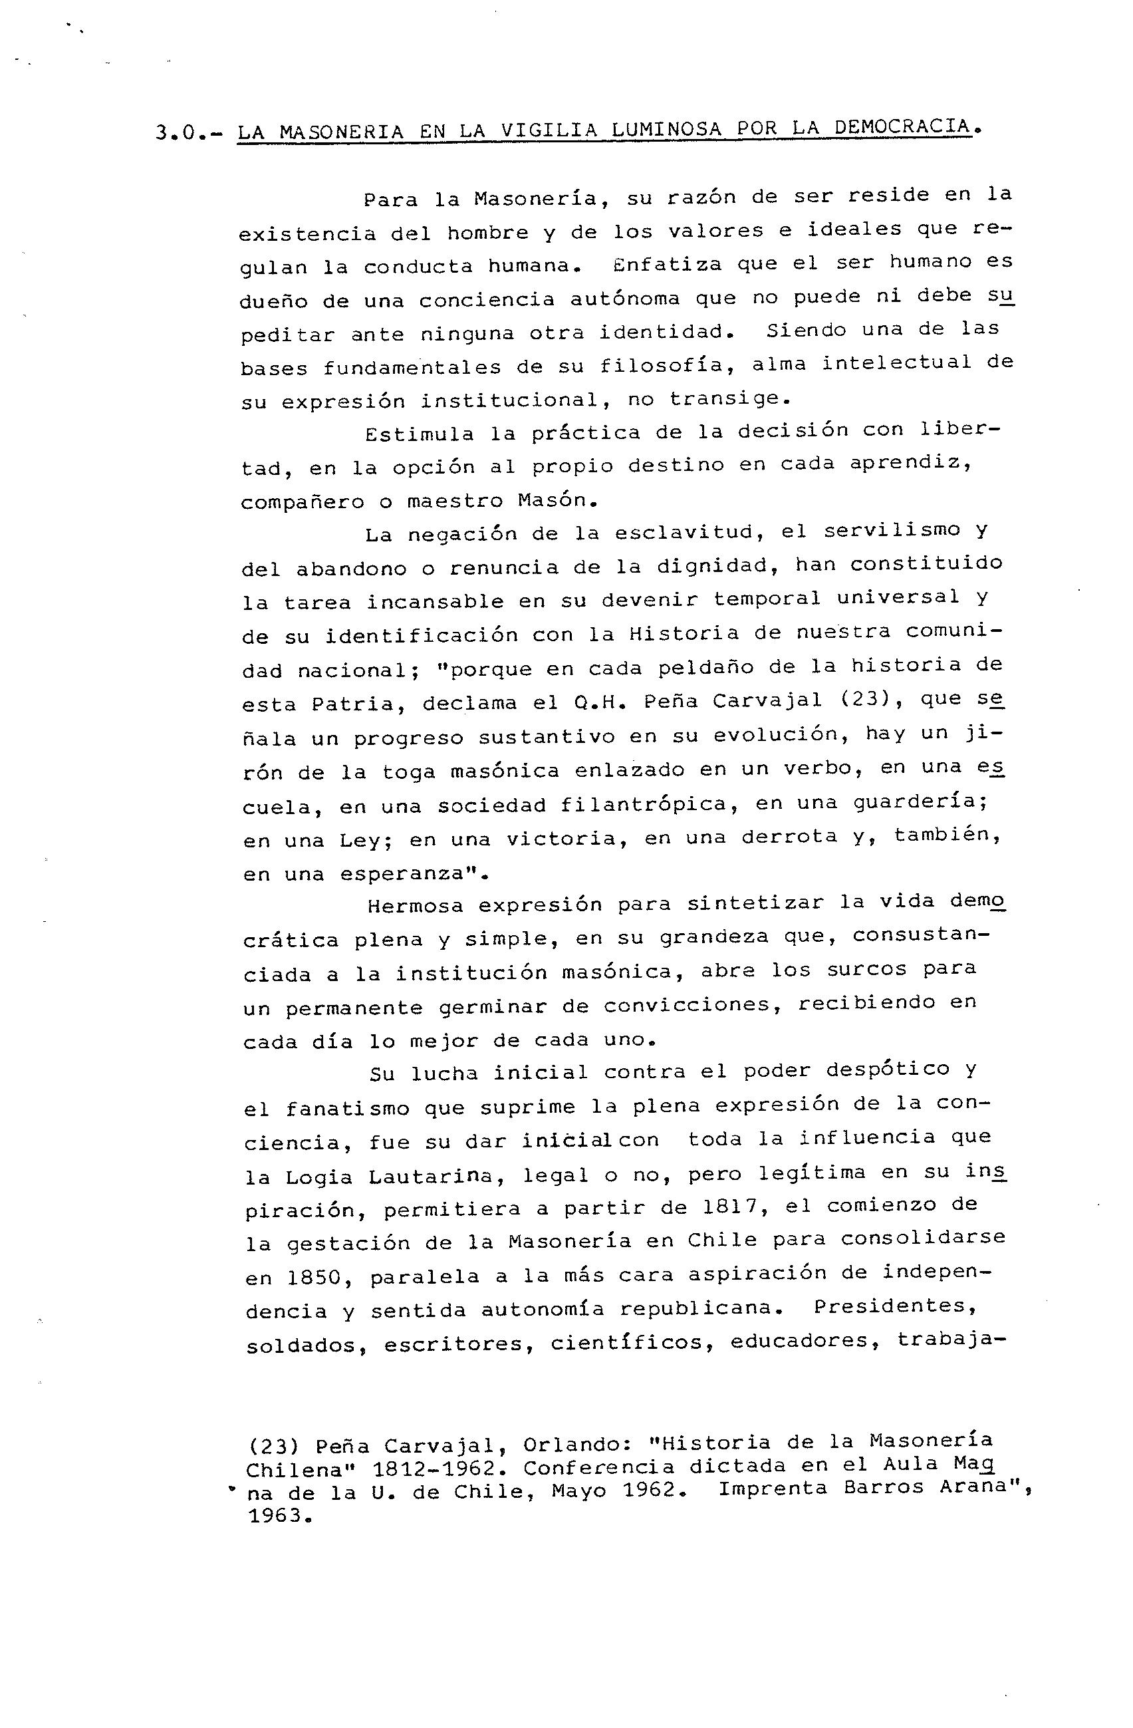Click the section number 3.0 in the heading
177,134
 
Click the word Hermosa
414,905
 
